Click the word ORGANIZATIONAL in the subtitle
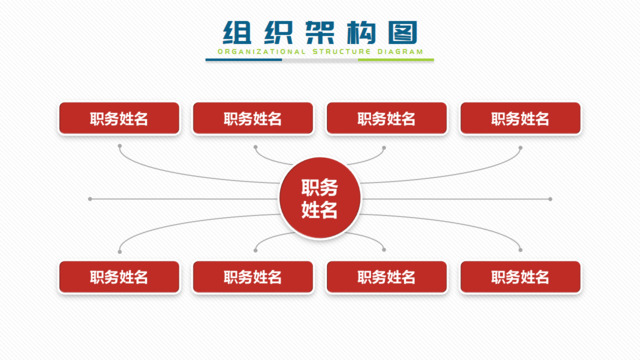click(252, 51)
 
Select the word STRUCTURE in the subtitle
click(335, 51)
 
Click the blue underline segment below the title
click(244, 60)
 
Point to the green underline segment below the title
click(396, 60)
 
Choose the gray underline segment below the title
click(320, 60)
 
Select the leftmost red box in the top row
click(119, 118)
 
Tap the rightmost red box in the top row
click(520, 118)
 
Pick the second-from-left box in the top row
click(253, 118)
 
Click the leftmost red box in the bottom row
click(119, 277)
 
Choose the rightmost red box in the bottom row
click(520, 277)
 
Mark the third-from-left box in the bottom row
click(386, 277)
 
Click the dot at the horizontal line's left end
click(90, 198)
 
